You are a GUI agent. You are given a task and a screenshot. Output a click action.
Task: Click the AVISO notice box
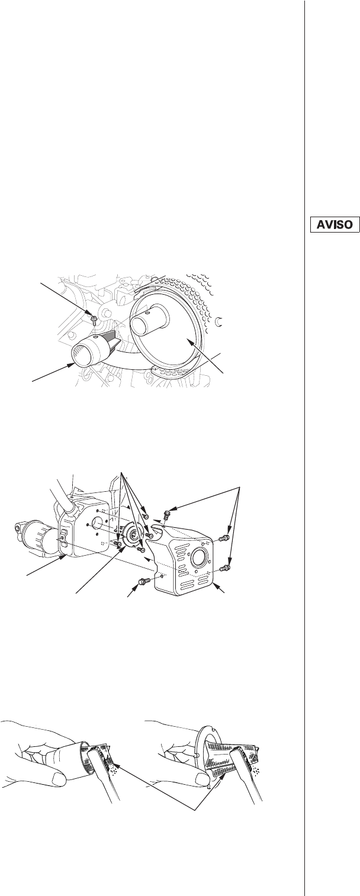click(x=335, y=224)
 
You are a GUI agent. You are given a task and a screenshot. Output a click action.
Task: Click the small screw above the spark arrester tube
click(x=94, y=319)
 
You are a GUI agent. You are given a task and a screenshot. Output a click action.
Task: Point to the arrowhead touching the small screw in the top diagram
click(x=91, y=314)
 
